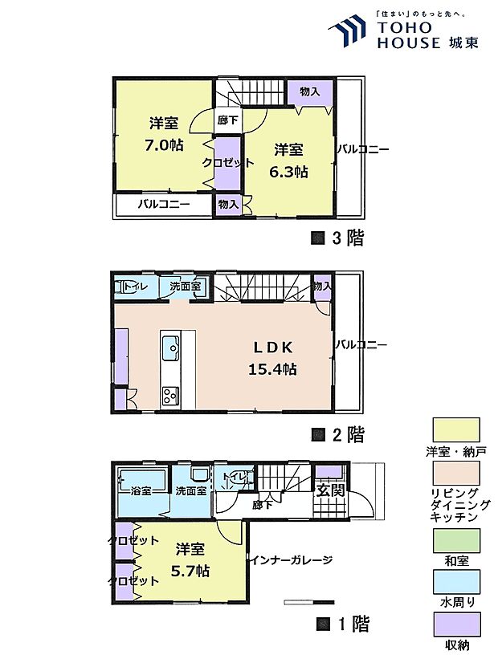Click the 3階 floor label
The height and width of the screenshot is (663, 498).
338,237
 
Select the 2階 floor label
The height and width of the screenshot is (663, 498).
338,434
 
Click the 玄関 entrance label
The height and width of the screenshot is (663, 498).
329,490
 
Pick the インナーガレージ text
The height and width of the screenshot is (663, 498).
290,559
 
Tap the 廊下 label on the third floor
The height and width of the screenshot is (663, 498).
226,121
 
